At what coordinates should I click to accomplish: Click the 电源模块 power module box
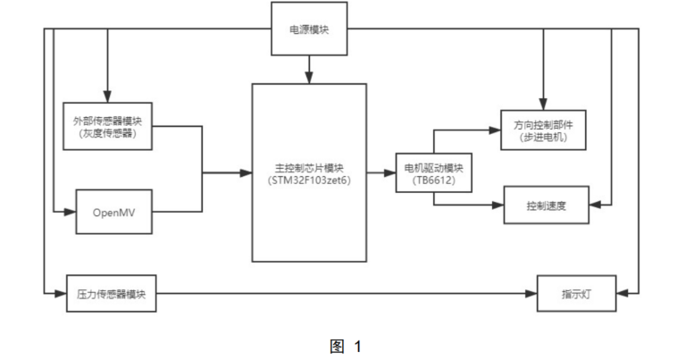coord(309,29)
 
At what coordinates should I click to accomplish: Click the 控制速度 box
coord(547,205)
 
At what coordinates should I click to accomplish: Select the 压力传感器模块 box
coord(112,293)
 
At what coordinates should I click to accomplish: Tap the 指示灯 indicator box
coord(574,293)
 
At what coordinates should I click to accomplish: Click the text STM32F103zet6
coord(309,179)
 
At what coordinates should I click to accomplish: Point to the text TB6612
coord(434,180)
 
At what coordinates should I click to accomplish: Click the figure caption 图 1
coord(346,346)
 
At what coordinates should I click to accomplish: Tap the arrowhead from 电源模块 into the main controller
coord(309,78)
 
